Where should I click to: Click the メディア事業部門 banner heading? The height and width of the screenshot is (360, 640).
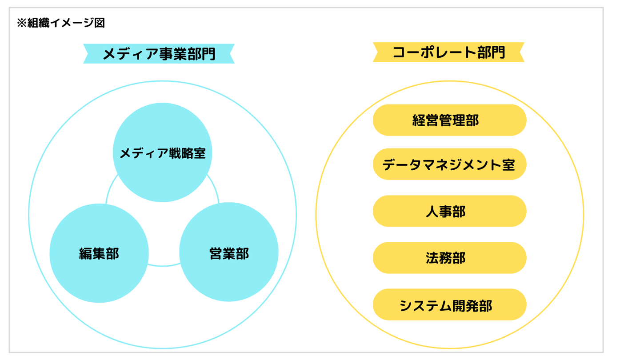[159, 54]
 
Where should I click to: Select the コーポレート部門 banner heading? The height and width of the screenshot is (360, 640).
[448, 52]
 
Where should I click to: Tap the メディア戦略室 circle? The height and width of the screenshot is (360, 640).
[162, 152]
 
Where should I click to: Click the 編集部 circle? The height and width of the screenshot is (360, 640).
[99, 253]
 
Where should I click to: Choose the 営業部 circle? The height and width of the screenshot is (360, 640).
[229, 253]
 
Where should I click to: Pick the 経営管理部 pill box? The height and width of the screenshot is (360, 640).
[449, 120]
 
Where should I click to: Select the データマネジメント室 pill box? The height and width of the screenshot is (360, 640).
[449, 164]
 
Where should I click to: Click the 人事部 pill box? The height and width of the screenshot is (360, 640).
[449, 211]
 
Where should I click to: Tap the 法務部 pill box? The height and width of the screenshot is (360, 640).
[449, 258]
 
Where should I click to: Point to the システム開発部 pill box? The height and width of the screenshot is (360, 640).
[449, 305]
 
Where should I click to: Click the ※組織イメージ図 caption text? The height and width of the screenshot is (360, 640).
[60, 23]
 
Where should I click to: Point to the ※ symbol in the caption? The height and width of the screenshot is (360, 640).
[21, 23]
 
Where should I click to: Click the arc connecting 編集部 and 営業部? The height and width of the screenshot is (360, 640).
[164, 266]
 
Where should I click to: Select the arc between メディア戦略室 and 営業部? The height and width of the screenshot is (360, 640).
[215, 187]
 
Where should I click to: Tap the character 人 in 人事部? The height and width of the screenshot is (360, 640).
[432, 212]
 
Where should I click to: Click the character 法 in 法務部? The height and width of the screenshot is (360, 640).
[432, 258]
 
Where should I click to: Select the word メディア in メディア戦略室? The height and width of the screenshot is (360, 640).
[143, 153]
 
